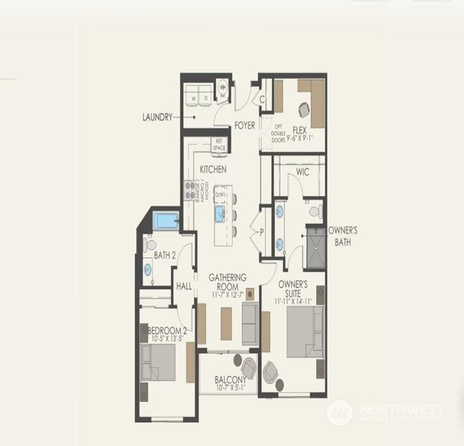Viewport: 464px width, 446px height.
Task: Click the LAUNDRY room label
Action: (157, 117)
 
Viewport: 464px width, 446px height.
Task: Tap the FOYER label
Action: (245, 126)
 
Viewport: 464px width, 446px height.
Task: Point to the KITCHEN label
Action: (212, 170)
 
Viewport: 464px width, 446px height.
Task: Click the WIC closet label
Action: (303, 172)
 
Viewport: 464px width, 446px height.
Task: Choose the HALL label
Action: (184, 286)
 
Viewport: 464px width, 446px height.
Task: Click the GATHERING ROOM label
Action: (228, 283)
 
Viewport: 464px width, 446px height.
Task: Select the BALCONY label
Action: (230, 381)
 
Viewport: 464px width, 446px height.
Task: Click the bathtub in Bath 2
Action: (166, 222)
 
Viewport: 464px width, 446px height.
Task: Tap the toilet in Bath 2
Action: (150, 246)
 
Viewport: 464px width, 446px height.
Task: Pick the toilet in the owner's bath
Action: (316, 210)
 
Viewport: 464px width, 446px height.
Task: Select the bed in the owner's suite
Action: (304, 331)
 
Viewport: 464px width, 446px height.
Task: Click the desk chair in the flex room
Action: (305, 110)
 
